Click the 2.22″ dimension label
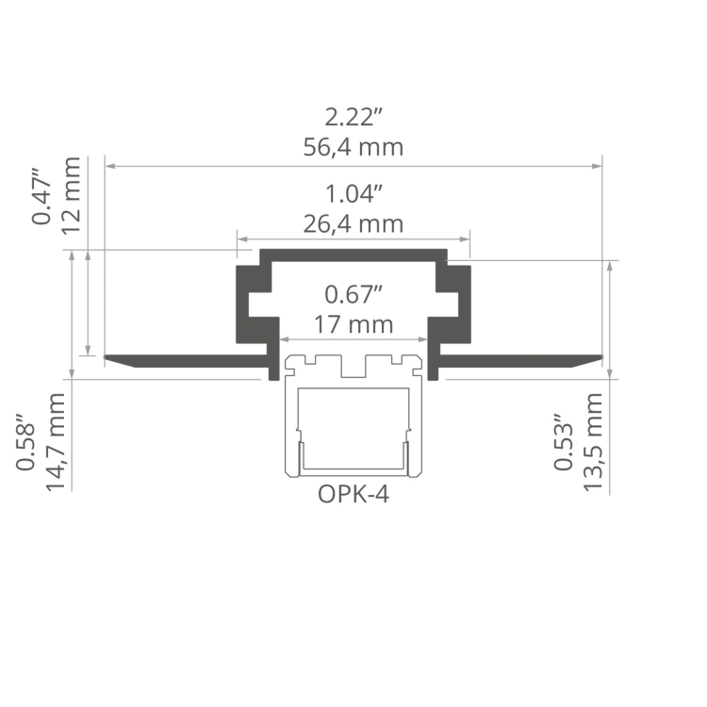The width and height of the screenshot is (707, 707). click(x=353, y=118)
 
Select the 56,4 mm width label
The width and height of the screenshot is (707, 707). click(x=353, y=147)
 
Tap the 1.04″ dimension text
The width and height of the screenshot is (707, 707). click(x=353, y=195)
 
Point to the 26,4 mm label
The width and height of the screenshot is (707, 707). click(x=353, y=224)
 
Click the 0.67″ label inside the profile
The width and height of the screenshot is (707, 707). click(x=353, y=293)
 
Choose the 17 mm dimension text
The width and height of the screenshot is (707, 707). click(x=353, y=323)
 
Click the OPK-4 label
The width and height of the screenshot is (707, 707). click(x=353, y=494)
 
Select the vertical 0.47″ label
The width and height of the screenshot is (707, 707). click(x=41, y=197)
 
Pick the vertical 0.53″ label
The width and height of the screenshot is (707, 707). click(x=564, y=442)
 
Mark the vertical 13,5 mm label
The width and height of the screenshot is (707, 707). click(x=593, y=442)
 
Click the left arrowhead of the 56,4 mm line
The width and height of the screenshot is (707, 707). click(x=109, y=166)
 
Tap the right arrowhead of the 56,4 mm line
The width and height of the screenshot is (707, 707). click(x=598, y=166)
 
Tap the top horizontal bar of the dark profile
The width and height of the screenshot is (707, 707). click(x=353, y=255)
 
